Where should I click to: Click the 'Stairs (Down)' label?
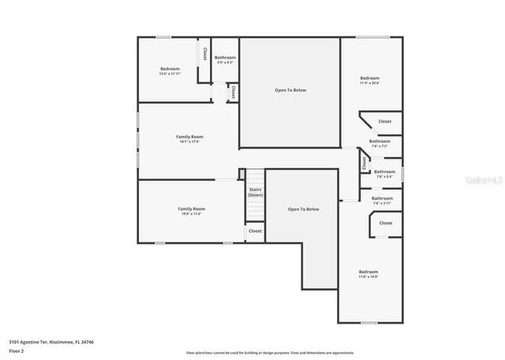coord(255,192)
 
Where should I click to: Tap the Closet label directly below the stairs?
coord(255,231)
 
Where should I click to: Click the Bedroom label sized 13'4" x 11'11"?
coord(170,69)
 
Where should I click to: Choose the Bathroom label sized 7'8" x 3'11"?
coord(382,199)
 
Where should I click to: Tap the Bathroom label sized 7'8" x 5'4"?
coord(384,172)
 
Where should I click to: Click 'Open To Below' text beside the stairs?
coord(303,209)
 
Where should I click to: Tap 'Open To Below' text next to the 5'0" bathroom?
coord(290,90)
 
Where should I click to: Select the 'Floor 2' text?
coord(16,350)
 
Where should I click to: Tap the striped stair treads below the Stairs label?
coord(254,210)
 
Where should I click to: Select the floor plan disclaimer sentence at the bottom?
coord(270,352)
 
